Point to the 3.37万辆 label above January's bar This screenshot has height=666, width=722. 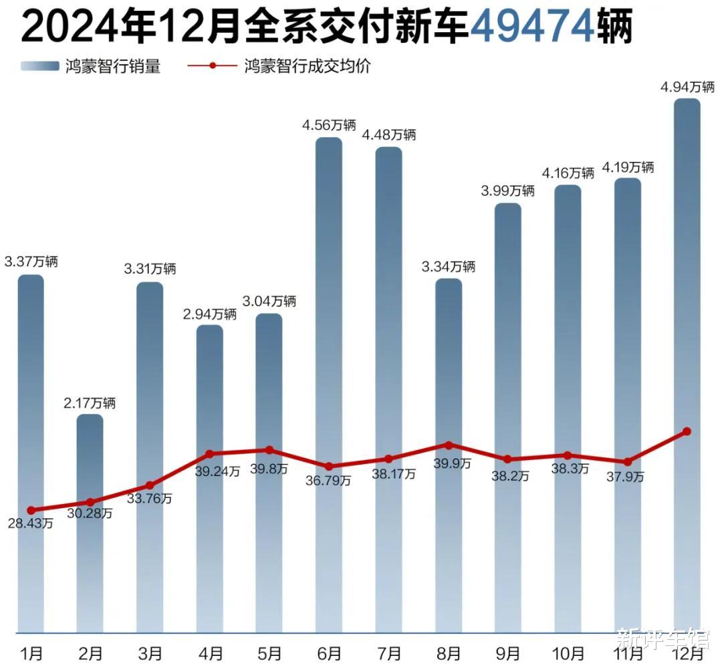(x=31, y=261)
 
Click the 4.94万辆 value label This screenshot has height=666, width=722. (x=687, y=87)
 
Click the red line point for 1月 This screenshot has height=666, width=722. (x=31, y=510)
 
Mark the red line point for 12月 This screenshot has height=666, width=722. (x=687, y=432)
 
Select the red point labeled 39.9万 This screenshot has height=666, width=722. (x=449, y=445)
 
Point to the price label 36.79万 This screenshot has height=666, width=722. (x=328, y=479)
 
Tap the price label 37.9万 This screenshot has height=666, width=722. (x=626, y=476)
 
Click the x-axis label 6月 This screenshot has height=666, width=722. (x=328, y=651)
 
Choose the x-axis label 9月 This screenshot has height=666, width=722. (x=508, y=651)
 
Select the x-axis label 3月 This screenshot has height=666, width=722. (x=150, y=651)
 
